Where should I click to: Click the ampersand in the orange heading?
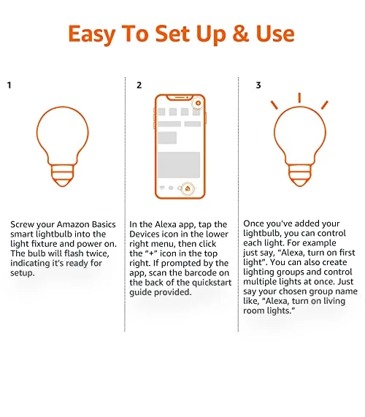(241, 34)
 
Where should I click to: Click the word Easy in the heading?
(92, 34)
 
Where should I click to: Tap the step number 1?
(9, 85)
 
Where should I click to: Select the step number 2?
(139, 85)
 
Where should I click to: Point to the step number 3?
(258, 85)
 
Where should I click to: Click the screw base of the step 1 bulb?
(63, 175)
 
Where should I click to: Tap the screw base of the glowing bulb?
(300, 175)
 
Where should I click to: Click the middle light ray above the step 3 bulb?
(299, 98)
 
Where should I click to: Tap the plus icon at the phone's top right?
(198, 103)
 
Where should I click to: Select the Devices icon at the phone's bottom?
(188, 188)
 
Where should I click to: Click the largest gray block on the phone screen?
(179, 165)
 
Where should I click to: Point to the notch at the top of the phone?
(180, 98)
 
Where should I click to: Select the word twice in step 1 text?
(98, 253)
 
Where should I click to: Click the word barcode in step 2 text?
(201, 273)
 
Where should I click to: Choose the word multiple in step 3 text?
(258, 282)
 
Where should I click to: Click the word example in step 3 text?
(319, 244)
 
